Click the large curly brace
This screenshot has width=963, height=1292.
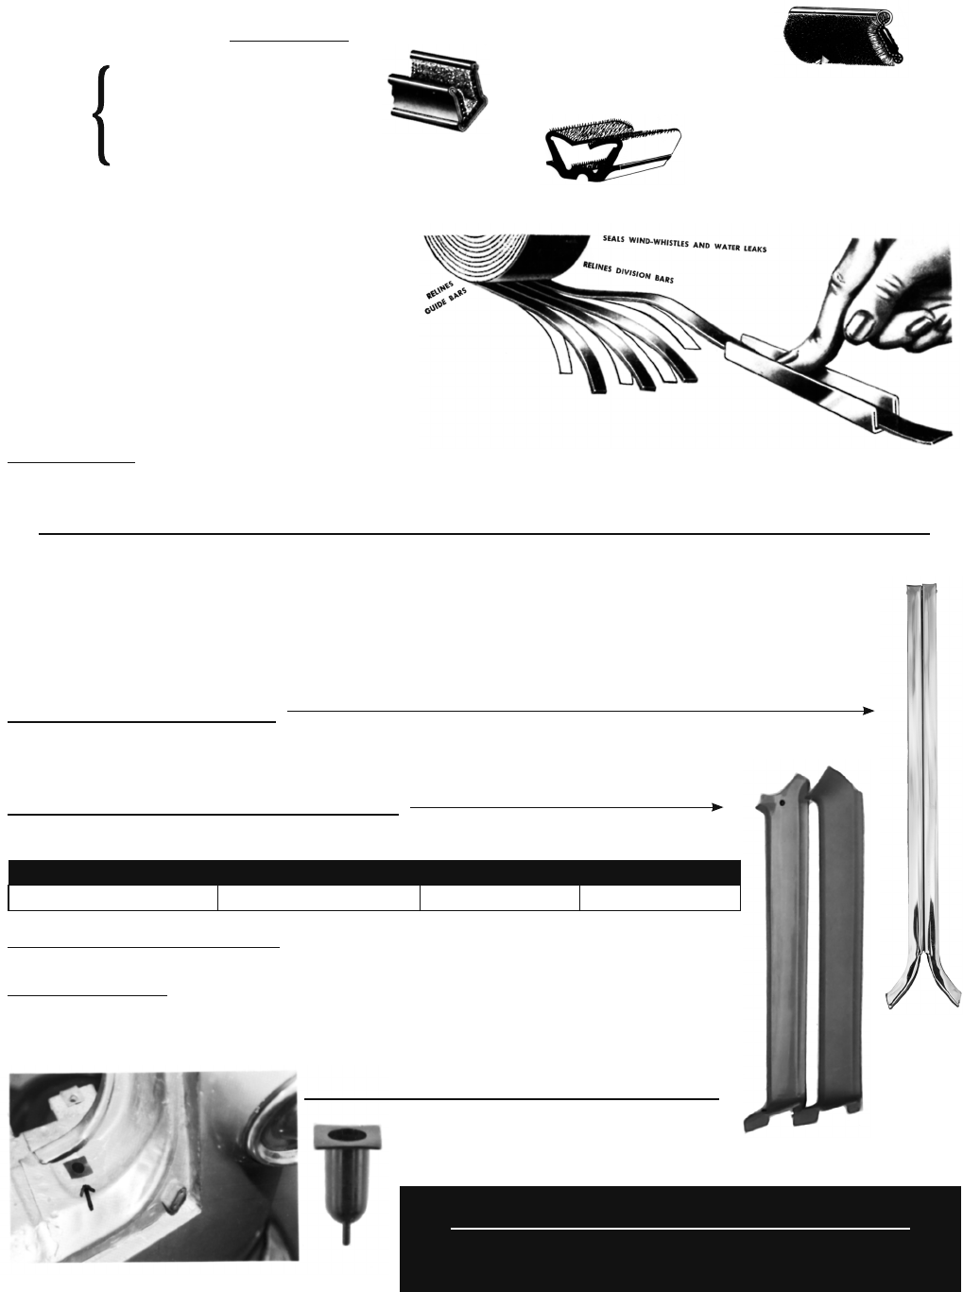[102, 115]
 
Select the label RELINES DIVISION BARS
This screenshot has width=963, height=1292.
[628, 272]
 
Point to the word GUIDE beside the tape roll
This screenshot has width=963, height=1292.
[436, 305]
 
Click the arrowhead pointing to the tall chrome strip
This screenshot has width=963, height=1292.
[868, 711]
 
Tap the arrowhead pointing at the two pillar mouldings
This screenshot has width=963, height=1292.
[717, 807]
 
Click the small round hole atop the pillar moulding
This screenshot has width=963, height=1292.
[782, 801]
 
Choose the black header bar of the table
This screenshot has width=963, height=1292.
[374, 872]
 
